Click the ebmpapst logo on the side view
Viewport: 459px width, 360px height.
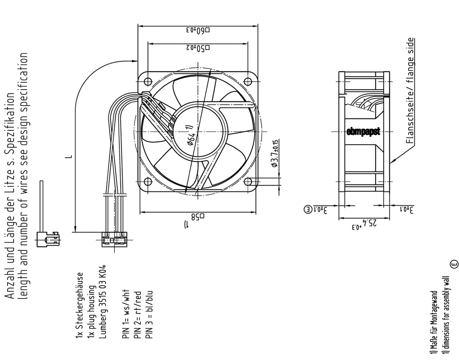coord(363,131)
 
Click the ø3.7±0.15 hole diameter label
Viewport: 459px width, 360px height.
coord(275,153)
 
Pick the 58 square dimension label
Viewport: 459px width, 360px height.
coord(198,217)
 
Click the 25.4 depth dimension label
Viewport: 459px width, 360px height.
coord(364,224)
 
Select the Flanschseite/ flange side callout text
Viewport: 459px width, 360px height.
coord(410,90)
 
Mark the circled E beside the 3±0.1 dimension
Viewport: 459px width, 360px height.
coord(308,209)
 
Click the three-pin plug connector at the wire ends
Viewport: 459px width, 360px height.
coord(114,239)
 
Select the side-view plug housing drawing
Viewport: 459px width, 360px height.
coord(48,239)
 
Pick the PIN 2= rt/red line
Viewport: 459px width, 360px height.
coord(137,315)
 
